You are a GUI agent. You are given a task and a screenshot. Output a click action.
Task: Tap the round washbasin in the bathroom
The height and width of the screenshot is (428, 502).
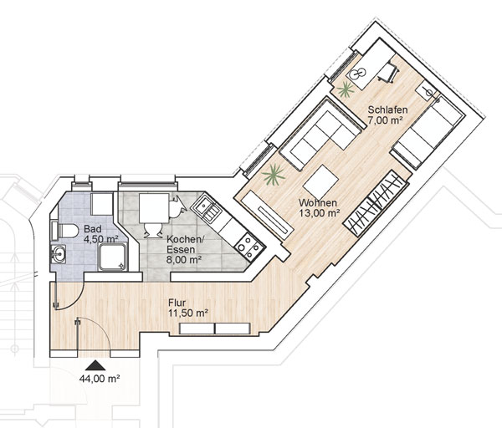(58, 254)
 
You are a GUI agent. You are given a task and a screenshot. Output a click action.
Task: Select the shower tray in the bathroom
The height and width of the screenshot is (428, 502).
(113, 257)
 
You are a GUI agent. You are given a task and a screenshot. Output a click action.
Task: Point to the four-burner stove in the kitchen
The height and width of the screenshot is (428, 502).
(249, 246)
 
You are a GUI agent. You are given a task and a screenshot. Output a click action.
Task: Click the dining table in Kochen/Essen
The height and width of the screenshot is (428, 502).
(154, 208)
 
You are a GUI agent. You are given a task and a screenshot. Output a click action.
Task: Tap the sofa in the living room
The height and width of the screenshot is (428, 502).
(321, 135)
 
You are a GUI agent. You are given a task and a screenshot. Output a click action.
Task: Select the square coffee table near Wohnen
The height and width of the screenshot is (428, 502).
(320, 181)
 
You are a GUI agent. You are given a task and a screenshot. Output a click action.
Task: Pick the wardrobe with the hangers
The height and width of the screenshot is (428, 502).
(376, 203)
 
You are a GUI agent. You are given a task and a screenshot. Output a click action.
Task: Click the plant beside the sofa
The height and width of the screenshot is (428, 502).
(273, 175)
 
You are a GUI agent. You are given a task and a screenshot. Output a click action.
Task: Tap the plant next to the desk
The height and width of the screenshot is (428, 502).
(346, 89)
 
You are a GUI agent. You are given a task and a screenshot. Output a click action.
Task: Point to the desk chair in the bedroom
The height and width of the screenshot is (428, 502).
(389, 73)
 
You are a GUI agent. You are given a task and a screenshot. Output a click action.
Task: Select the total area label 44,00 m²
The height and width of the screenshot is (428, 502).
(100, 379)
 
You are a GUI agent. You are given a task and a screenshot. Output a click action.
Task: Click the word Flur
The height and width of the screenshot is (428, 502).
(177, 303)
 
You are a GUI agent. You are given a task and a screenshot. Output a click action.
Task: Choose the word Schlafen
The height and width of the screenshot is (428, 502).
(387, 110)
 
